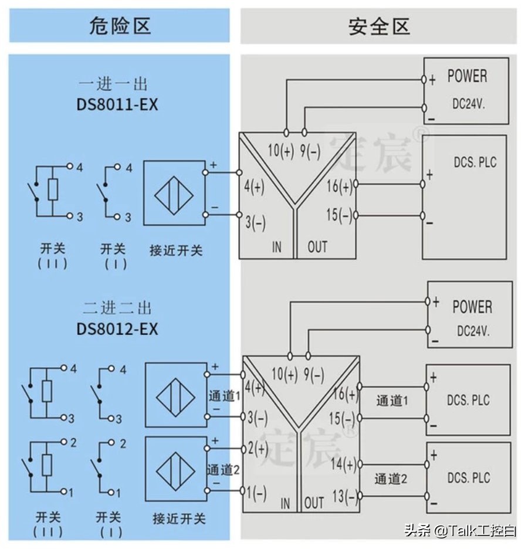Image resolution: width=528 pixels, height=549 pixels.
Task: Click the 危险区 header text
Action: click(x=120, y=26)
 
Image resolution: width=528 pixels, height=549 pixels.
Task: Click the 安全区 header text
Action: click(x=379, y=26)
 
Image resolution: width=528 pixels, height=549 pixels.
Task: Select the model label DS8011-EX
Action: click(x=117, y=104)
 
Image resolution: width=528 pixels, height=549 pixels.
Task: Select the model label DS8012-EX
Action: click(x=117, y=329)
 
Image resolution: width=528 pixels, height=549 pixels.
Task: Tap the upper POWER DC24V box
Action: click(x=466, y=91)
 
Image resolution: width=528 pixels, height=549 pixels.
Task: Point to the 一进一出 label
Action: click(x=113, y=84)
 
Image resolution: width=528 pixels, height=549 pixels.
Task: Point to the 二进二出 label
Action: click(x=117, y=308)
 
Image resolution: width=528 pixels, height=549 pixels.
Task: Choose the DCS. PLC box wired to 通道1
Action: click(x=468, y=400)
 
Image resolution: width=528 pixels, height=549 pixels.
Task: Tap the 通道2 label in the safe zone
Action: click(x=391, y=479)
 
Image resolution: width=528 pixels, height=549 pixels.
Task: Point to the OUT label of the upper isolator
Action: click(x=317, y=247)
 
